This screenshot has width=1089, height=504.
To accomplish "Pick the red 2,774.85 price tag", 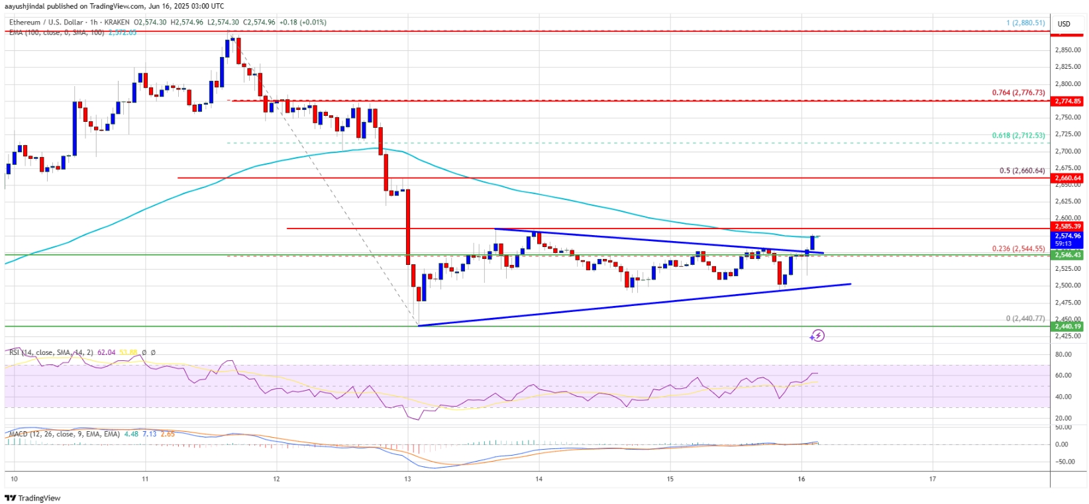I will coord(1068,101).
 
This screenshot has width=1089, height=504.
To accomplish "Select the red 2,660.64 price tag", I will coord(1068,178).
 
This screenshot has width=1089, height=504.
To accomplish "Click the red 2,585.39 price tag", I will coord(1068,227).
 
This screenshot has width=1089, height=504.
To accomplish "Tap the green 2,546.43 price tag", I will coord(1068,255).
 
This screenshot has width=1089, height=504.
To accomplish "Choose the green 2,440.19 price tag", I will coord(1068,326).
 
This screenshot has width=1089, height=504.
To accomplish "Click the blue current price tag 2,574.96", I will coord(1068,236).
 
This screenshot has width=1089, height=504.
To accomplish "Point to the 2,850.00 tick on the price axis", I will coord(1068,50).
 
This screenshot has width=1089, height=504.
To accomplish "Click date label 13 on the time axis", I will coord(407,478).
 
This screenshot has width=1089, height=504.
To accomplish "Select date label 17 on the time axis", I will coord(932,478).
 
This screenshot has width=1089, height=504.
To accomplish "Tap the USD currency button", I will coord(1064,24).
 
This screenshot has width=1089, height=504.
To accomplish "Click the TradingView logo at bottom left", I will coord(33,498).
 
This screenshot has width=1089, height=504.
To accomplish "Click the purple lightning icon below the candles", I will coord(817,336).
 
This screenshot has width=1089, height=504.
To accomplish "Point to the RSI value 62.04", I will coord(106,352).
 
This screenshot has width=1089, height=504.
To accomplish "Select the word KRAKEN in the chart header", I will coord(116,23).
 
